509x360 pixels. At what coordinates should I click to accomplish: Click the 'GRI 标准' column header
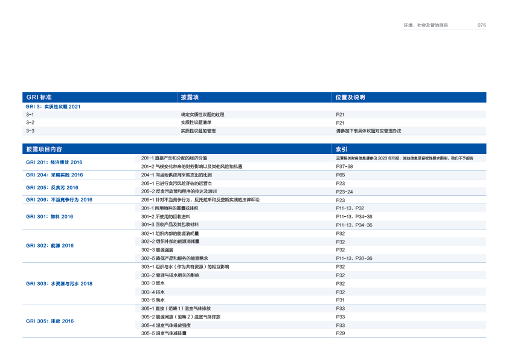(x=39, y=97)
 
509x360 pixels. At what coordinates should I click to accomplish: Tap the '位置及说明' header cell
(x=350, y=97)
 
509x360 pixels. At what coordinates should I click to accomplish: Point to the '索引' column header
(x=341, y=149)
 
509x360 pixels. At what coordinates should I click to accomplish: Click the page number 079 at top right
(x=481, y=25)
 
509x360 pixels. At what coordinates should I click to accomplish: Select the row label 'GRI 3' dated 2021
(x=53, y=106)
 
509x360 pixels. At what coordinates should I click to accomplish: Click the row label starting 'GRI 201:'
(x=54, y=162)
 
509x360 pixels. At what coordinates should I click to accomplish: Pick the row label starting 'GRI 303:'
(x=59, y=283)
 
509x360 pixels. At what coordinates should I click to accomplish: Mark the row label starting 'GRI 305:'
(x=50, y=321)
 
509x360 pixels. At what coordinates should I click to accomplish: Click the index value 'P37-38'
(x=344, y=166)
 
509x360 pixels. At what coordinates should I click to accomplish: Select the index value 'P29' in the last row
(x=340, y=333)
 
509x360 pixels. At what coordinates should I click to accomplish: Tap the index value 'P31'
(x=340, y=300)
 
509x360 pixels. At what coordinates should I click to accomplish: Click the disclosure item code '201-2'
(x=146, y=166)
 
